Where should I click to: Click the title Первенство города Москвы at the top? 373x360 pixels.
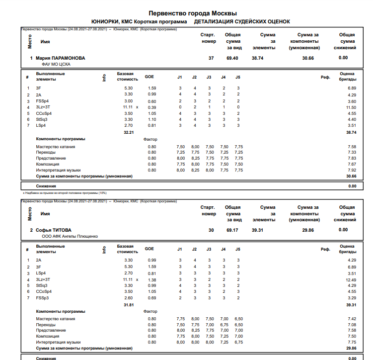(193, 13)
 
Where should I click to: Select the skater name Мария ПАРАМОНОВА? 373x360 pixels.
(60, 58)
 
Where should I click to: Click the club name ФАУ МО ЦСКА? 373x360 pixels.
(56, 64)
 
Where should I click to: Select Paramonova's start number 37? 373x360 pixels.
(211, 58)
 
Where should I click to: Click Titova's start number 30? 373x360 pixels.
(211, 230)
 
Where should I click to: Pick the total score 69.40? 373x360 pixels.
(232, 58)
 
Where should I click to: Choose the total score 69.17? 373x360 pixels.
(232, 230)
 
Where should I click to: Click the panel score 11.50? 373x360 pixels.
(351, 107)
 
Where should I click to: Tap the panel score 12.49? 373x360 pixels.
(351, 280)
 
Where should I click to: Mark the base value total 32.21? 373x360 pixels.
(128, 132)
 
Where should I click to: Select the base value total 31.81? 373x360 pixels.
(128, 304)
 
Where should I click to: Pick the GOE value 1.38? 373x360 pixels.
(151, 280)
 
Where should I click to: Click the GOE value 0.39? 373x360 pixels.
(151, 107)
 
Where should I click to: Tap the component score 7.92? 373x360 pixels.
(352, 170)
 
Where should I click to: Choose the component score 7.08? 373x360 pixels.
(352, 324)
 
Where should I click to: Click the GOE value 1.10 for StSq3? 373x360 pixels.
(151, 119)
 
